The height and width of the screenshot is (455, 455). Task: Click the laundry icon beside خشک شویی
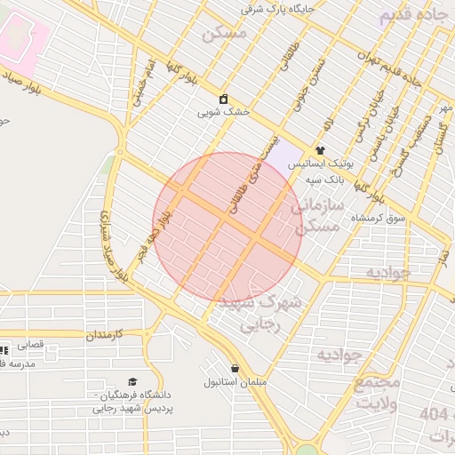223,99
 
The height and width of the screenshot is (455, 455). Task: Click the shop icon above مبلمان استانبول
235,368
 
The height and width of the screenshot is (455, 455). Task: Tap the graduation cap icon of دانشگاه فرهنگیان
133,379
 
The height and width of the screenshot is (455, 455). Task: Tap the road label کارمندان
104,336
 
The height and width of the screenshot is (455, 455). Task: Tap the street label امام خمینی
145,85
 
